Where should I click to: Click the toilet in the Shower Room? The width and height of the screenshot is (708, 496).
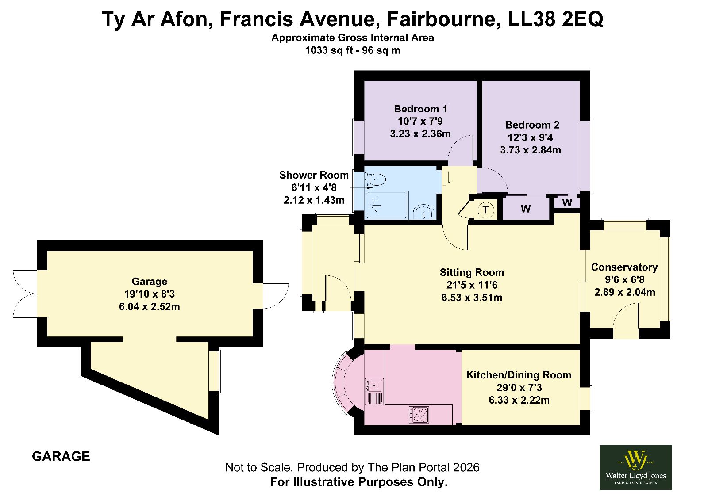click(x=376, y=180)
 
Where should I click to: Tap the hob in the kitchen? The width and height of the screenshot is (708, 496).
click(x=419, y=415)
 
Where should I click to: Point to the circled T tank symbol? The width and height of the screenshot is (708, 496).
click(x=485, y=210)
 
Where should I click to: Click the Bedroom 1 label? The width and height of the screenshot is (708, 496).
click(x=421, y=109)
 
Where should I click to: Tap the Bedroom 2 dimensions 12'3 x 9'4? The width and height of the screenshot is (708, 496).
click(x=530, y=137)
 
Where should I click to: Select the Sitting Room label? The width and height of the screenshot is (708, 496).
click(x=472, y=272)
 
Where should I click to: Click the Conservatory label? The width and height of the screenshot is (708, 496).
click(x=624, y=267)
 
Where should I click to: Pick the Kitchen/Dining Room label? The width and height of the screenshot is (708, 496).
click(x=519, y=375)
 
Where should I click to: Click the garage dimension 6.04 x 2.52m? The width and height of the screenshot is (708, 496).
click(x=150, y=306)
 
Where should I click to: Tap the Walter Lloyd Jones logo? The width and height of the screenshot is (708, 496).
click(x=635, y=467)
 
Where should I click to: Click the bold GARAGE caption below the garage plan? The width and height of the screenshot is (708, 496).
click(x=61, y=457)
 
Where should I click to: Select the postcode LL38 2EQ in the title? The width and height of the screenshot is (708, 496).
click(x=555, y=19)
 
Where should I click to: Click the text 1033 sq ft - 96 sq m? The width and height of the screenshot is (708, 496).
click(x=352, y=50)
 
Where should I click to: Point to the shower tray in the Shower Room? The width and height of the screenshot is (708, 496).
click(x=386, y=205)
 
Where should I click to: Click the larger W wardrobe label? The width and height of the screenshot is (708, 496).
click(x=525, y=209)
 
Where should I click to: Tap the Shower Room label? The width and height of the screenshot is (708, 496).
click(x=314, y=175)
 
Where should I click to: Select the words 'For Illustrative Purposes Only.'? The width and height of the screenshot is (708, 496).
click(x=359, y=482)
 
